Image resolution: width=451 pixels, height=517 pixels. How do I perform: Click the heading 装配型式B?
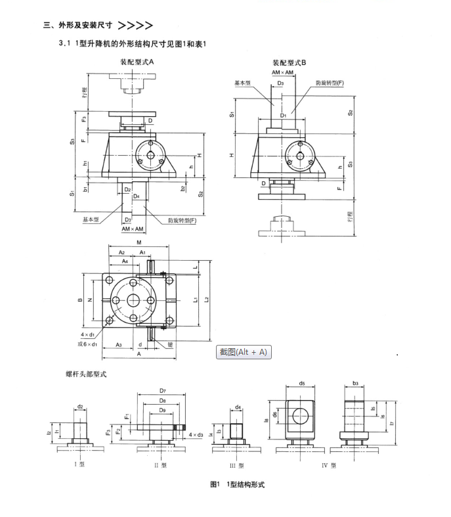click(290, 62)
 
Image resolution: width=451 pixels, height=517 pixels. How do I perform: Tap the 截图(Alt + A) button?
click(244, 352)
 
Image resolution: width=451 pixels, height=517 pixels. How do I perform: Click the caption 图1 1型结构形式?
click(237, 484)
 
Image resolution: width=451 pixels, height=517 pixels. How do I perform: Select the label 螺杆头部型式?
click(86, 374)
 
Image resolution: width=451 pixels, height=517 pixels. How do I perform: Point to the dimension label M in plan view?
click(139, 242)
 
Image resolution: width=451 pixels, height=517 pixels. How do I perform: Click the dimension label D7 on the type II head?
click(162, 390)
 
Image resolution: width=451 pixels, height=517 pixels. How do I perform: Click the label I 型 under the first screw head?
click(79, 464)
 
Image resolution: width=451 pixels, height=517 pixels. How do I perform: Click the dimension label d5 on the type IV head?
click(302, 383)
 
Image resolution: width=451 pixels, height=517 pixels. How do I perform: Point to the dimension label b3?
click(355, 382)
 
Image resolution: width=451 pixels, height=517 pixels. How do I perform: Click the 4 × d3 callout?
click(196, 435)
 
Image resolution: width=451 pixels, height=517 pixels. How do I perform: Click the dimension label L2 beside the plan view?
click(206, 300)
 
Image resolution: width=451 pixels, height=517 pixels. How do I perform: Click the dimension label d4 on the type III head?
click(238, 407)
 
